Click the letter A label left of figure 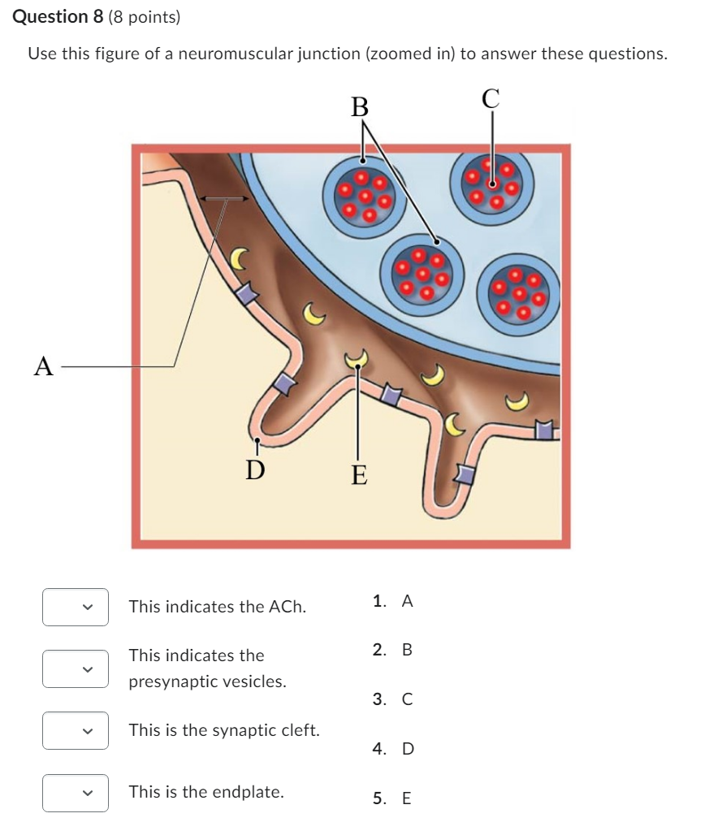click(x=44, y=366)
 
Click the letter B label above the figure click(x=359, y=106)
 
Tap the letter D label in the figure click(x=255, y=469)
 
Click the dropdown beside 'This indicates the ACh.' click(x=76, y=607)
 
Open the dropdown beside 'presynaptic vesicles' click(x=76, y=668)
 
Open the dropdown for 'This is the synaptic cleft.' click(x=76, y=730)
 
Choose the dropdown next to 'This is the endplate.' click(x=76, y=792)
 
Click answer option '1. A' click(x=393, y=601)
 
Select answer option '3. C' click(x=393, y=699)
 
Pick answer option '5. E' click(x=393, y=798)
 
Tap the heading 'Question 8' click(x=53, y=16)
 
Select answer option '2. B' click(x=393, y=650)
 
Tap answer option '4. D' click(x=393, y=749)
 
